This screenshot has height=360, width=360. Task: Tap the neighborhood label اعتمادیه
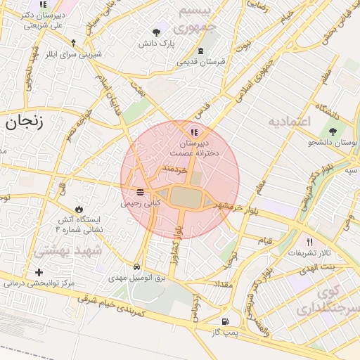coord(289,121)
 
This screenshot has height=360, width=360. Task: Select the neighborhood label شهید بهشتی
coord(67,250)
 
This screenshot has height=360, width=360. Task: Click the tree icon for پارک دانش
coord(156,32)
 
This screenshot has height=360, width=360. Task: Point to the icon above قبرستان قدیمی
coord(202,51)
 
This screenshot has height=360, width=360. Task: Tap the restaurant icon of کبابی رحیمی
coord(141,191)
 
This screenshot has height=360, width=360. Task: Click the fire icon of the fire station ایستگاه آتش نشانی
coord(79,209)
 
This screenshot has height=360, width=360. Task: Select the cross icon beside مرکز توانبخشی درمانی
coord(39,272)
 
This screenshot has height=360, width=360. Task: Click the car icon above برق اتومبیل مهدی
coord(136,267)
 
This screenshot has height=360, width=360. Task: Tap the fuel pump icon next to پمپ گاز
coord(224,322)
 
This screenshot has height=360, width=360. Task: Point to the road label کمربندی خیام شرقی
coord(112,305)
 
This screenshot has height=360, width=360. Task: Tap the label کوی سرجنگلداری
coord(337,300)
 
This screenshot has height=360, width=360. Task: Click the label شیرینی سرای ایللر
coord(65,54)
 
